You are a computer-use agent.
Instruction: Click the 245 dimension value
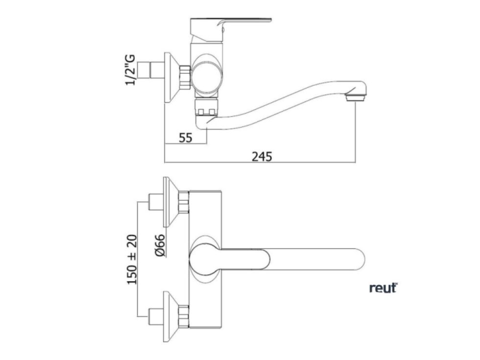tap(262, 156)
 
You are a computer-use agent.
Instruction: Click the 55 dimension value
tap(186, 138)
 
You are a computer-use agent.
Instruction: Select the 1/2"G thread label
tap(130, 70)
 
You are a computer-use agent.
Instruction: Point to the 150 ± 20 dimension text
tap(132, 260)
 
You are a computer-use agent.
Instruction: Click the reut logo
tap(383, 288)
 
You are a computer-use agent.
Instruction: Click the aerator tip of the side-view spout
tap(355, 98)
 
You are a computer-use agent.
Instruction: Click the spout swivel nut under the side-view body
tap(206, 107)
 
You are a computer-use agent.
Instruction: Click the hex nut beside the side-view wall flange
tap(185, 77)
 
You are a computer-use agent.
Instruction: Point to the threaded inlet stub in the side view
tap(151, 71)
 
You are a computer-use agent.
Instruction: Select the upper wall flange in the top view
tap(171, 202)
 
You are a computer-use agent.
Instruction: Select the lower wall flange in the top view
tap(171, 316)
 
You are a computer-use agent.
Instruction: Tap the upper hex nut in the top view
tap(184, 202)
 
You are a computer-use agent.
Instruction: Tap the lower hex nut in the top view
tap(184, 316)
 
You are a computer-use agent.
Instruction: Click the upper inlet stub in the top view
tap(156, 202)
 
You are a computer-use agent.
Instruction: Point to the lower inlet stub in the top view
tap(156, 316)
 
